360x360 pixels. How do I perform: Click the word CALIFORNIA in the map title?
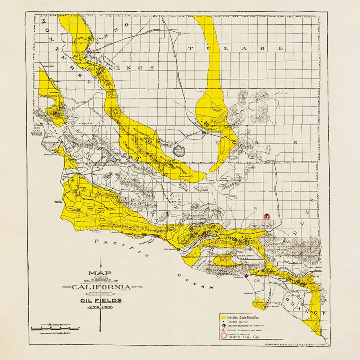(101, 287)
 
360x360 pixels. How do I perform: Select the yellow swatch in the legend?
(223, 317)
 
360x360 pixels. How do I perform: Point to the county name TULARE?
(236, 48)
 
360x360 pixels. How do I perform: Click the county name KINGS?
(134, 68)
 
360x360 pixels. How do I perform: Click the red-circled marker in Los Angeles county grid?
(267, 216)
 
